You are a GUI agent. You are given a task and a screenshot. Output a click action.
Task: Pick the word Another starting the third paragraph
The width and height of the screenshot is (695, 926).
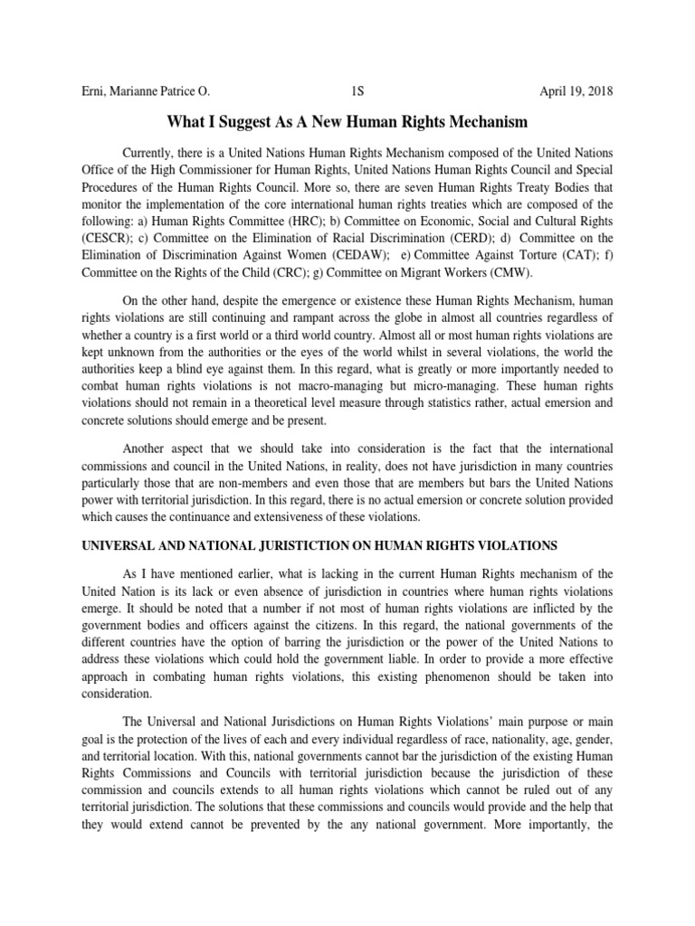[x=149, y=449]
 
